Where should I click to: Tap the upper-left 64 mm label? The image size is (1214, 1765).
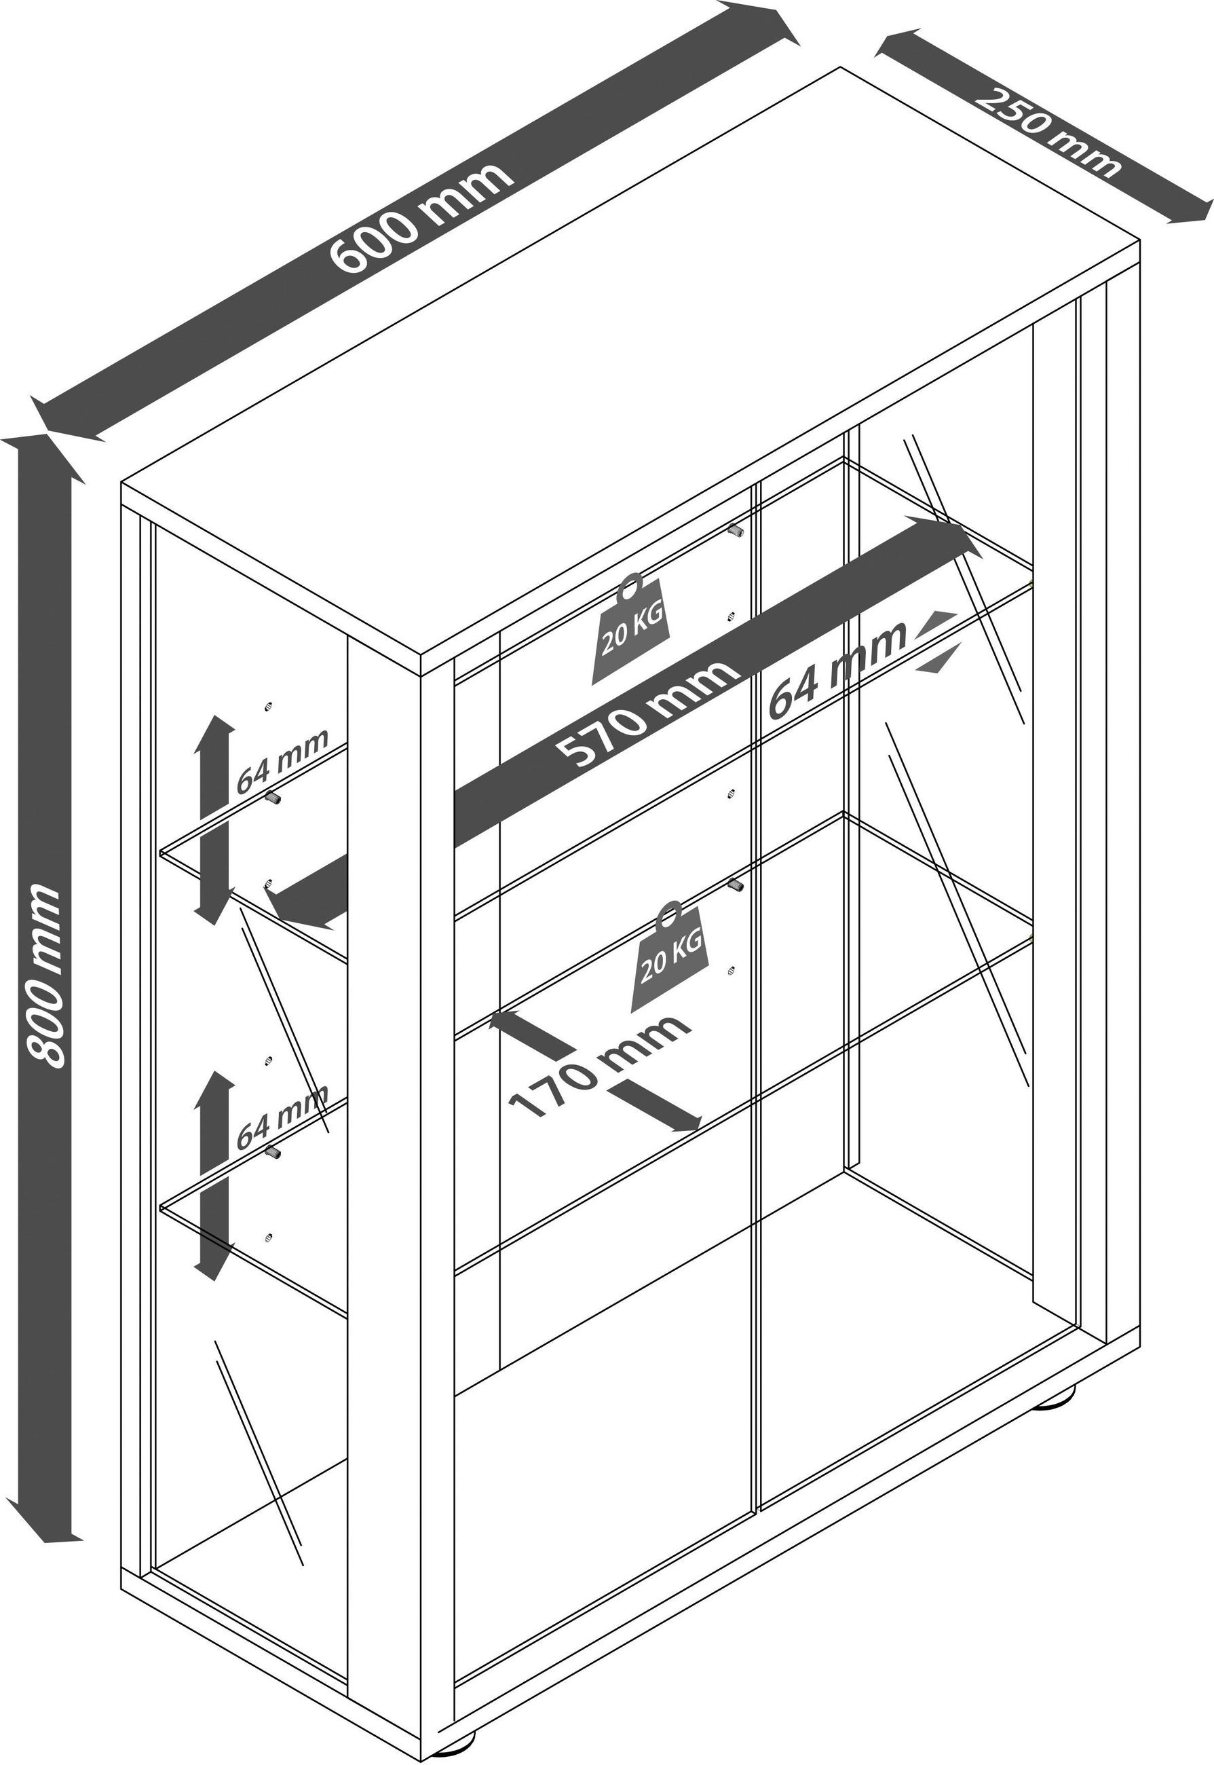(282, 760)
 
